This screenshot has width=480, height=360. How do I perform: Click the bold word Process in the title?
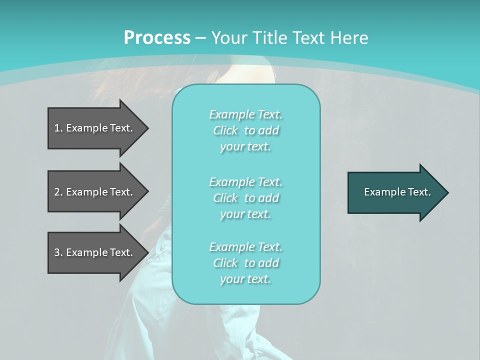coord(157,38)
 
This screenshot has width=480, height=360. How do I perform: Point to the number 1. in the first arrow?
coord(58,128)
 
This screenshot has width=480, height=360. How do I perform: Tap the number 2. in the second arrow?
coord(58,192)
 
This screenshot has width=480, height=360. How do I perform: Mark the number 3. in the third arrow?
coord(58,252)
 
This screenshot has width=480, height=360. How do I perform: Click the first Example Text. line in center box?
coord(245,114)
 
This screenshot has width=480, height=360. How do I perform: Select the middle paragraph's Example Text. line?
coord(245,182)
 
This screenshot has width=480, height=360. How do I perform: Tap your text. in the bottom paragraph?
coord(245,279)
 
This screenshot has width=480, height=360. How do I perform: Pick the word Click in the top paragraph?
coord(225,130)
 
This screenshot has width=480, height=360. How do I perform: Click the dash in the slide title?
coord(200,38)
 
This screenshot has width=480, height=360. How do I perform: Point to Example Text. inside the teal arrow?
coord(397,192)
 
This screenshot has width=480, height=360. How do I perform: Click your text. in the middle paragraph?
coord(245,214)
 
